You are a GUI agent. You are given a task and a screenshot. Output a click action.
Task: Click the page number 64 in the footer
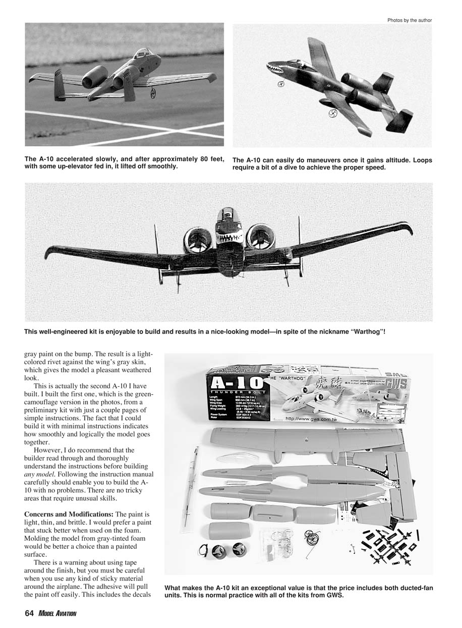coord(29,613)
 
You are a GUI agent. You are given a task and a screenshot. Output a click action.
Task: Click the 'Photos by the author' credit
coord(410,20)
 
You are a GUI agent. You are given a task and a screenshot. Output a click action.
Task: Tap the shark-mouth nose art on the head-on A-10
coord(229,238)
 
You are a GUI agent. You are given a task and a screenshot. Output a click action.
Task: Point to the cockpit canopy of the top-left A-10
coord(144,52)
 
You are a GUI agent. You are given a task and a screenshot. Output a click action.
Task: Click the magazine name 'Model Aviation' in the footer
coord(57,613)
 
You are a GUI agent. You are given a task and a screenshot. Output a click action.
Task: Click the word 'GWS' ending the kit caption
coord(335,595)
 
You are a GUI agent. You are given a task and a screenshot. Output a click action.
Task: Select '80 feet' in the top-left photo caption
coord(207,159)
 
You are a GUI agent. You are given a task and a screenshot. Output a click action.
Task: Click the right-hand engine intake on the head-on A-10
coord(260,237)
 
